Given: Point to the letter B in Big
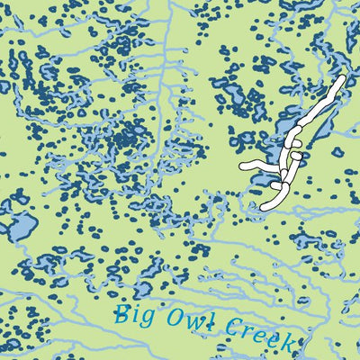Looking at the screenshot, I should (121, 315).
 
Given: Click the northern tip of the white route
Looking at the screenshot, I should (342, 79).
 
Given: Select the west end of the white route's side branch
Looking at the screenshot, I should (243, 166).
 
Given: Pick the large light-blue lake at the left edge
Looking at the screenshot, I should (17, 224).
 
